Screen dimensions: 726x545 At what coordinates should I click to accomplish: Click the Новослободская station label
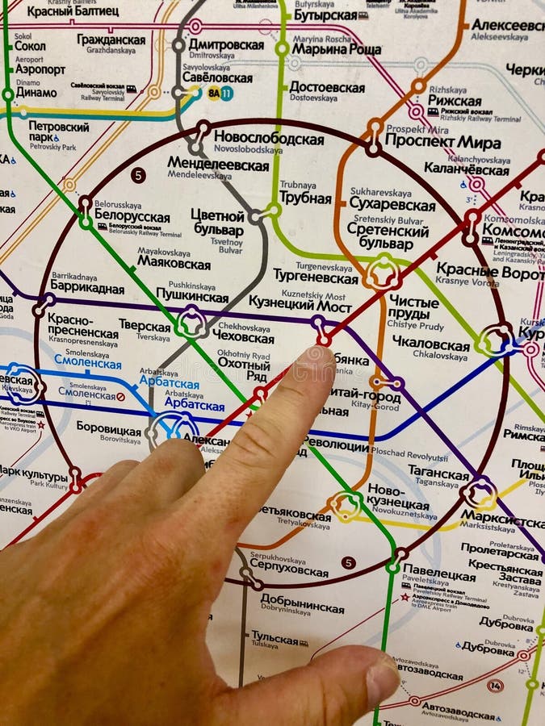pyautogui.click(x=268, y=139)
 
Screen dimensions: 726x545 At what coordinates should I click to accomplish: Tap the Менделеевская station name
pyautogui.click(x=217, y=165)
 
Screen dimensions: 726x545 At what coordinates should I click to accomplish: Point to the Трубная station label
pyautogui.click(x=305, y=198)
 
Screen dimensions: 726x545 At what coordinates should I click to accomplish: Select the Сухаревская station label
pyautogui.click(x=392, y=205)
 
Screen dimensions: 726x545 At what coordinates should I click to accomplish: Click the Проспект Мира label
pyautogui.click(x=442, y=142)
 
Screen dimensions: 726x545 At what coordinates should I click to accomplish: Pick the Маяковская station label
pyautogui.click(x=174, y=262)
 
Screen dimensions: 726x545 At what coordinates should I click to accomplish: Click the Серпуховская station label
pyautogui.click(x=288, y=571)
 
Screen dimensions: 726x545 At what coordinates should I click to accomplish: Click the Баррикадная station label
pyautogui.click(x=87, y=288)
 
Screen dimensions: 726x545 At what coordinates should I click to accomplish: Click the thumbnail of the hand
pyautogui.click(x=381, y=678)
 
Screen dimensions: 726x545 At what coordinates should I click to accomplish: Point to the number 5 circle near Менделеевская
pyautogui.click(x=138, y=175)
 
